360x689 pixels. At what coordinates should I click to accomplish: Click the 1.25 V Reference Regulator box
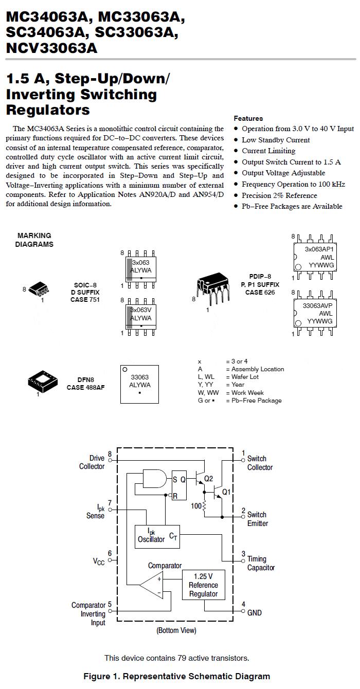[203, 585]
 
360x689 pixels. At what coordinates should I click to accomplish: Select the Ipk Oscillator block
[157, 537]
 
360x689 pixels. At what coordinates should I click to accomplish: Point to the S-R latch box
[179, 485]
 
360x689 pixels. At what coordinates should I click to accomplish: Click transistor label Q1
[226, 492]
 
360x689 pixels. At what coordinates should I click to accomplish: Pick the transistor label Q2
[208, 478]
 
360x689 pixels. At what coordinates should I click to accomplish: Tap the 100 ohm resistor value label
[196, 505]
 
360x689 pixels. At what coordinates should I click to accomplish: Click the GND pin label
[255, 613]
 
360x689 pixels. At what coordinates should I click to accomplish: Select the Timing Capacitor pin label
[261, 563]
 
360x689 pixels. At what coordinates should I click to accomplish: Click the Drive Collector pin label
[92, 462]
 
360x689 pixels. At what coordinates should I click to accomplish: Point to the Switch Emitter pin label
[258, 519]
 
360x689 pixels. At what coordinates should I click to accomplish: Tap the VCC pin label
[99, 561]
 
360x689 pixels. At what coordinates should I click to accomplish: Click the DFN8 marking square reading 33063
[139, 384]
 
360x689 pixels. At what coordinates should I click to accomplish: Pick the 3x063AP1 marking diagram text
[319, 249]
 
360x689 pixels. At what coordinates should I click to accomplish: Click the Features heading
[248, 118]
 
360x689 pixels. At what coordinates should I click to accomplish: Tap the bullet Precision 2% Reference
[279, 195]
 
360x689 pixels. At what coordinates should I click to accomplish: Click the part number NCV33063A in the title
[52, 48]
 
